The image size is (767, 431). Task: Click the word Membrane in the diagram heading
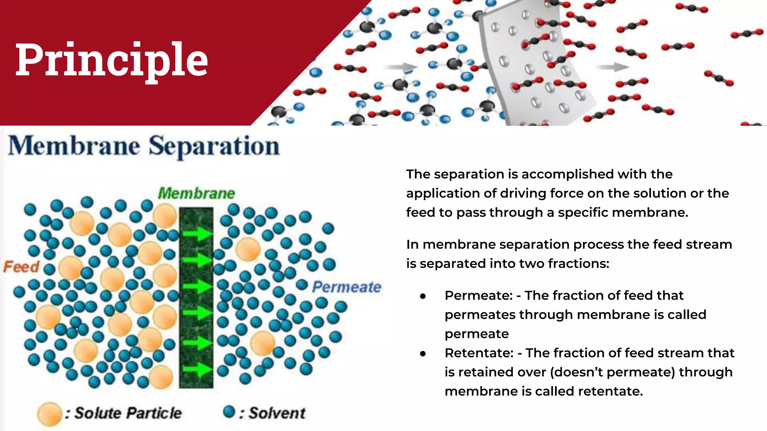coord(74,146)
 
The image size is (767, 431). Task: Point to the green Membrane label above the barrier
coord(196,193)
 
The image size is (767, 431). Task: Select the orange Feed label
coord(21,267)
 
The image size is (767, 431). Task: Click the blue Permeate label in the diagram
coord(346,287)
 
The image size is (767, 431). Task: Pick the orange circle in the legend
coord(49,414)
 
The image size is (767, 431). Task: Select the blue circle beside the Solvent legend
coord(229,412)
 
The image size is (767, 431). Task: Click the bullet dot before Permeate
coord(423,296)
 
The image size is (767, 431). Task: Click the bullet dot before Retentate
coord(423,354)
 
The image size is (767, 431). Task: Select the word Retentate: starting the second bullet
coord(479,353)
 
